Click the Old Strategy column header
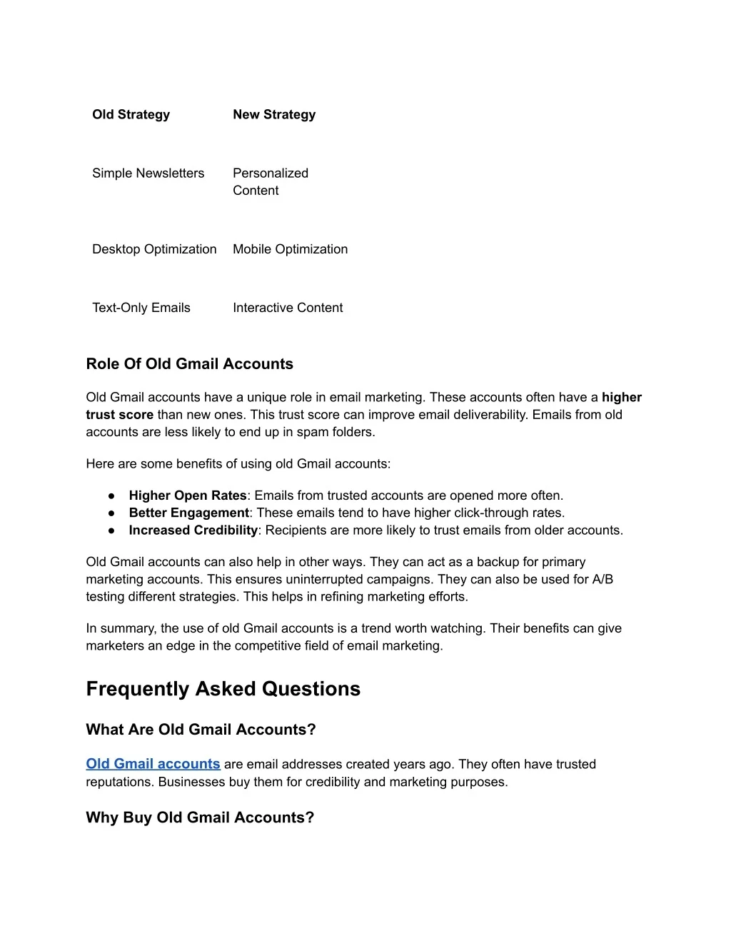click(x=131, y=114)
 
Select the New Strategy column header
click(x=274, y=114)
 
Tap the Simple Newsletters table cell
click(x=148, y=173)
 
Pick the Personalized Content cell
click(x=270, y=181)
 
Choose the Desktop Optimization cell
click(x=154, y=249)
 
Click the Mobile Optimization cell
click(x=290, y=249)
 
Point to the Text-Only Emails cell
click(x=141, y=308)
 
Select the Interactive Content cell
click(x=288, y=308)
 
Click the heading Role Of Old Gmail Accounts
click(x=189, y=364)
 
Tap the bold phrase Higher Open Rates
click(x=188, y=495)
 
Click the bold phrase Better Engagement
click(x=188, y=513)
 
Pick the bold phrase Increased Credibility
click(x=193, y=530)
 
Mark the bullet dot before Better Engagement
click(x=112, y=513)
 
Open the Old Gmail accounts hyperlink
click(x=153, y=764)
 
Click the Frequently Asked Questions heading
click(x=223, y=689)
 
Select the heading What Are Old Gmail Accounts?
click(x=201, y=730)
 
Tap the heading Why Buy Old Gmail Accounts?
click(x=200, y=817)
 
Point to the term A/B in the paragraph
click(x=603, y=579)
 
